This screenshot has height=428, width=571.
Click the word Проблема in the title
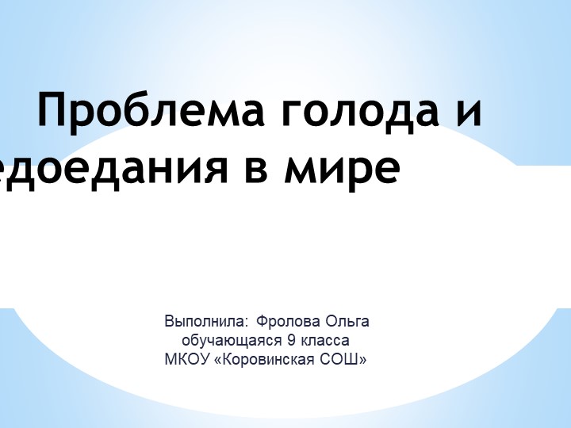click(x=151, y=111)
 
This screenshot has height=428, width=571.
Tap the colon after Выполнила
click(x=246, y=323)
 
